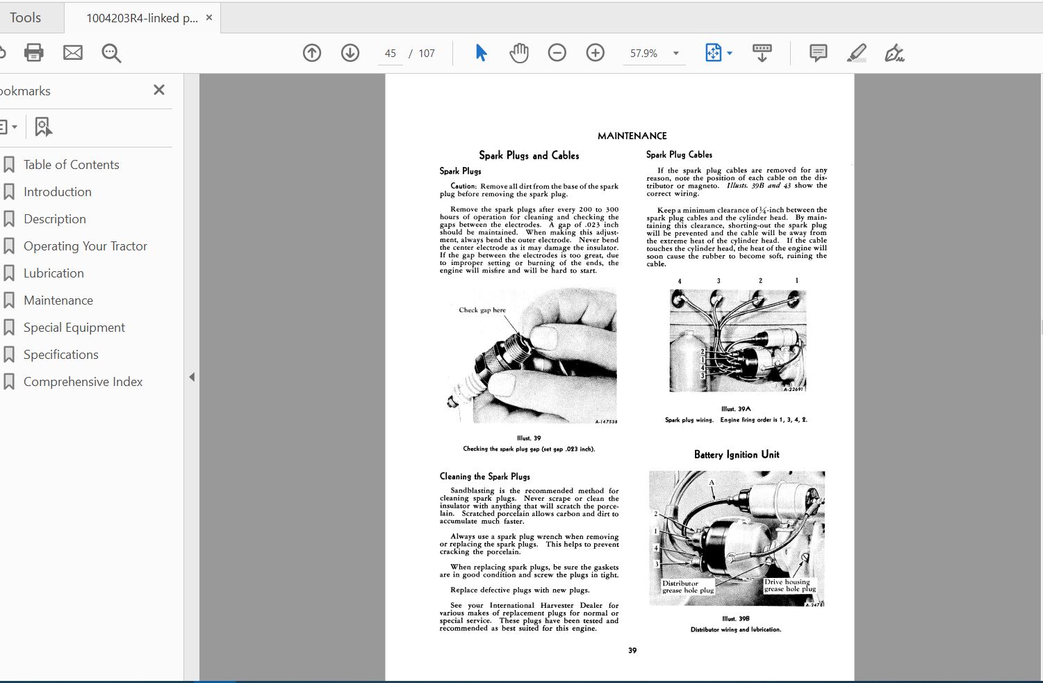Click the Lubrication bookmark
pyautogui.click(x=54, y=273)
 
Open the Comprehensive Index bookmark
pyautogui.click(x=83, y=382)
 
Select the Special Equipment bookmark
pyautogui.click(x=74, y=328)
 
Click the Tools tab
pyautogui.click(x=26, y=17)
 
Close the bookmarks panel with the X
pyautogui.click(x=159, y=90)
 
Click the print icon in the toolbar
pyautogui.click(x=33, y=53)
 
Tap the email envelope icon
pyautogui.click(x=73, y=53)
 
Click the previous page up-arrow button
pyautogui.click(x=312, y=53)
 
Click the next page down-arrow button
pyautogui.click(x=350, y=53)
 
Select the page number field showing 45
pyautogui.click(x=391, y=54)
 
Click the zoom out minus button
pyautogui.click(x=557, y=53)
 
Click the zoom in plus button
pyautogui.click(x=596, y=53)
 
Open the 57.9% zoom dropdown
pyautogui.click(x=675, y=54)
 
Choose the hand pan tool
pyautogui.click(x=518, y=53)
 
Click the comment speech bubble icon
pyautogui.click(x=818, y=53)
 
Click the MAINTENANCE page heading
pyautogui.click(x=632, y=136)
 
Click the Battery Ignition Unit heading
pyautogui.click(x=737, y=454)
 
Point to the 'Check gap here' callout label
pyautogui.click(x=482, y=310)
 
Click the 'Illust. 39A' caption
pyautogui.click(x=736, y=409)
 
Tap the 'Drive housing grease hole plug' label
pyautogui.click(x=789, y=586)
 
